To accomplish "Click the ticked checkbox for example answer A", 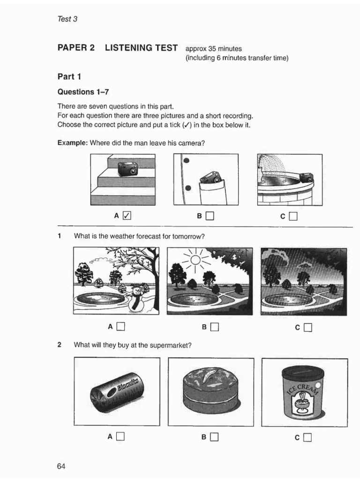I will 127,216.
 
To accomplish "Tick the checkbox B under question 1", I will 215,327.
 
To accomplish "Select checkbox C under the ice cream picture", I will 307,438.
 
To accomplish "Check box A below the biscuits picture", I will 120,437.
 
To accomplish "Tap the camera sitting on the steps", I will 127,169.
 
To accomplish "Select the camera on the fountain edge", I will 307,178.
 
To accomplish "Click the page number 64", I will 62,466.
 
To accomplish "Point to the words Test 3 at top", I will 67,19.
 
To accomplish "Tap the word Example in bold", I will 72,142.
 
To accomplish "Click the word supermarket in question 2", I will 169,345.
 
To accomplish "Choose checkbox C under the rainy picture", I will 307,327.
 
